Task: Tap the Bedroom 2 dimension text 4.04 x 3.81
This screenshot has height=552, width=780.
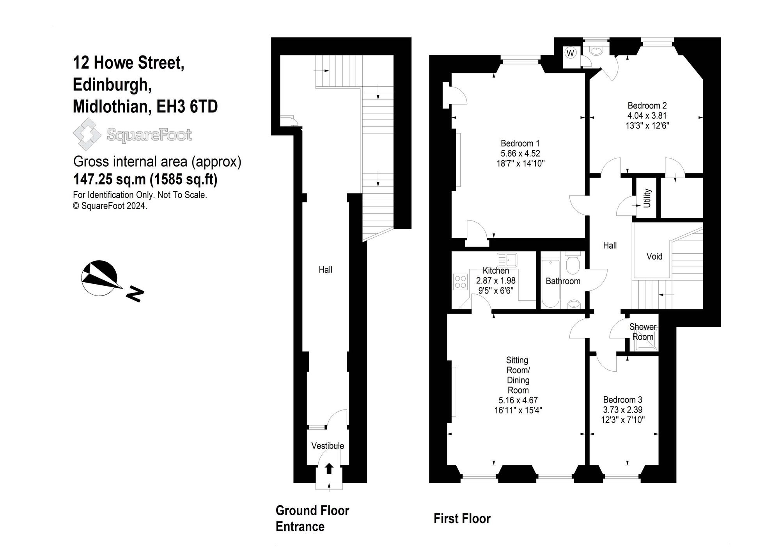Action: pyautogui.click(x=647, y=116)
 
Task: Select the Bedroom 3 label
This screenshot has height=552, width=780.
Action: pyautogui.click(x=622, y=400)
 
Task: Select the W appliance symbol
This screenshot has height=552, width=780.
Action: pyautogui.click(x=571, y=53)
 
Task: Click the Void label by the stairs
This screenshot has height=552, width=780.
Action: pyautogui.click(x=654, y=256)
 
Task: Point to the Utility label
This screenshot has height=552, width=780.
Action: pyautogui.click(x=647, y=198)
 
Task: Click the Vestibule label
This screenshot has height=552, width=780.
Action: pyautogui.click(x=328, y=446)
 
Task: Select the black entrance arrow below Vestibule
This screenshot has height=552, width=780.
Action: pyautogui.click(x=329, y=468)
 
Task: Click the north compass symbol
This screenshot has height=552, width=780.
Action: pyautogui.click(x=99, y=278)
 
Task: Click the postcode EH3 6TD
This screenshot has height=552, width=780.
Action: pyautogui.click(x=187, y=107)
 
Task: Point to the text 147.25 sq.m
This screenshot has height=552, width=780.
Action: pyautogui.click(x=110, y=180)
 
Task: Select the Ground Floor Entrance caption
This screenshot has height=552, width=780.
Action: pyautogui.click(x=312, y=518)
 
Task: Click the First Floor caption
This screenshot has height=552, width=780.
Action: pyautogui.click(x=462, y=518)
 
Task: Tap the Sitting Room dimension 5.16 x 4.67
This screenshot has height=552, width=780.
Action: pyautogui.click(x=518, y=400)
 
